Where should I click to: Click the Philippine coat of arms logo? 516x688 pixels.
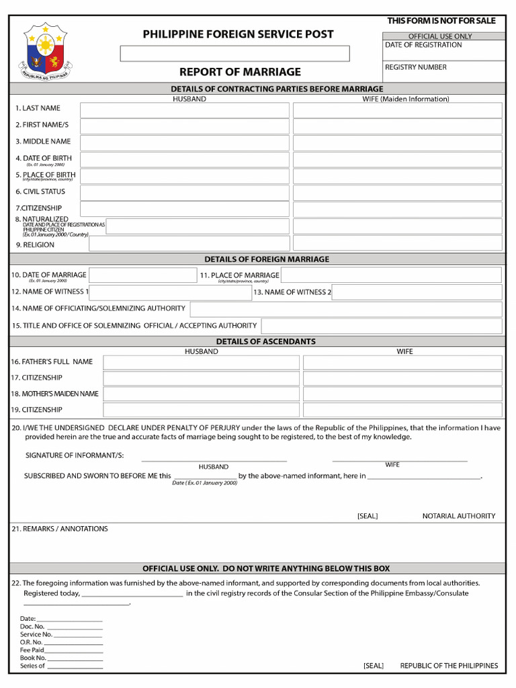point(46,51)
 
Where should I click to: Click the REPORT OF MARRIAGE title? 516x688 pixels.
point(240,72)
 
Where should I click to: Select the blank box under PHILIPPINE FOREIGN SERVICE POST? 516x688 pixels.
point(234,54)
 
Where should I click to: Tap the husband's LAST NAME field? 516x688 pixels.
point(184,110)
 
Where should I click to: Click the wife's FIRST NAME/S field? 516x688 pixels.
point(397,126)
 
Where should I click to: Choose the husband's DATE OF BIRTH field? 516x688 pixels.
point(184,159)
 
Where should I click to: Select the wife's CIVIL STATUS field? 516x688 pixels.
point(397,193)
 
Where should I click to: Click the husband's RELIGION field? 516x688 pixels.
point(189,244)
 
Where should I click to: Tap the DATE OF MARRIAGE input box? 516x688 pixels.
point(142,275)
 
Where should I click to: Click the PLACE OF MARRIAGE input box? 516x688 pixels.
point(390,275)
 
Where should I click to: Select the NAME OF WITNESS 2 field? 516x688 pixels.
point(417,292)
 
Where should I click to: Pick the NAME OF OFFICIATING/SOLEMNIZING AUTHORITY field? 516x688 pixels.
point(345,309)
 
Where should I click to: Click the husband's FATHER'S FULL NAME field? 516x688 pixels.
point(201,362)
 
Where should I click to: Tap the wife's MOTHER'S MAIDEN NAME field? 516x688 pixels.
point(402,394)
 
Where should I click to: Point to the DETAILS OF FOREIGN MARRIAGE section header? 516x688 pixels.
point(267,259)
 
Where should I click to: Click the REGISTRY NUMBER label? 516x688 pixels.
point(415,67)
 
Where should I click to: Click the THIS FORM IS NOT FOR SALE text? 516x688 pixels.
point(441,21)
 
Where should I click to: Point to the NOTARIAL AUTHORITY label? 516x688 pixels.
point(458,516)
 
